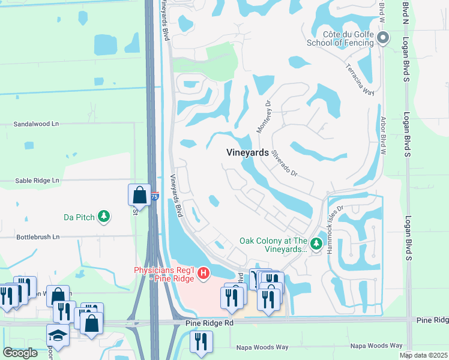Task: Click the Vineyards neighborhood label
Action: pyautogui.click(x=247, y=152)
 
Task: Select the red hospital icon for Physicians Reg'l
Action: pyautogui.click(x=203, y=274)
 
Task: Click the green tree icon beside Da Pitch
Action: pyautogui.click(x=104, y=216)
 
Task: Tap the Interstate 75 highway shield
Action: pyautogui.click(x=155, y=196)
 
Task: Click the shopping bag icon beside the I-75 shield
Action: pyautogui.click(x=139, y=194)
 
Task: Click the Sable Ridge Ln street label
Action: pyautogui.click(x=37, y=180)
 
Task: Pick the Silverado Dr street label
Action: pyautogui.click(x=284, y=163)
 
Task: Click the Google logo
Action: pyautogui.click(x=20, y=353)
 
